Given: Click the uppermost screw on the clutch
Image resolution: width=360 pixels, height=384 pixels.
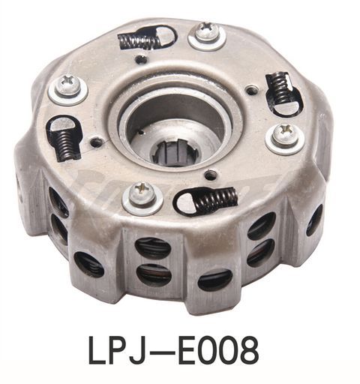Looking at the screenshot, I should pyautogui.click(x=206, y=33).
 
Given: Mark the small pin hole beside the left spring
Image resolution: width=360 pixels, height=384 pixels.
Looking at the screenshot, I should pyautogui.click(x=94, y=140).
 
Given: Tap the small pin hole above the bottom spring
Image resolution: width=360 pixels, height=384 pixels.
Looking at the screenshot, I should pyautogui.click(x=211, y=175).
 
